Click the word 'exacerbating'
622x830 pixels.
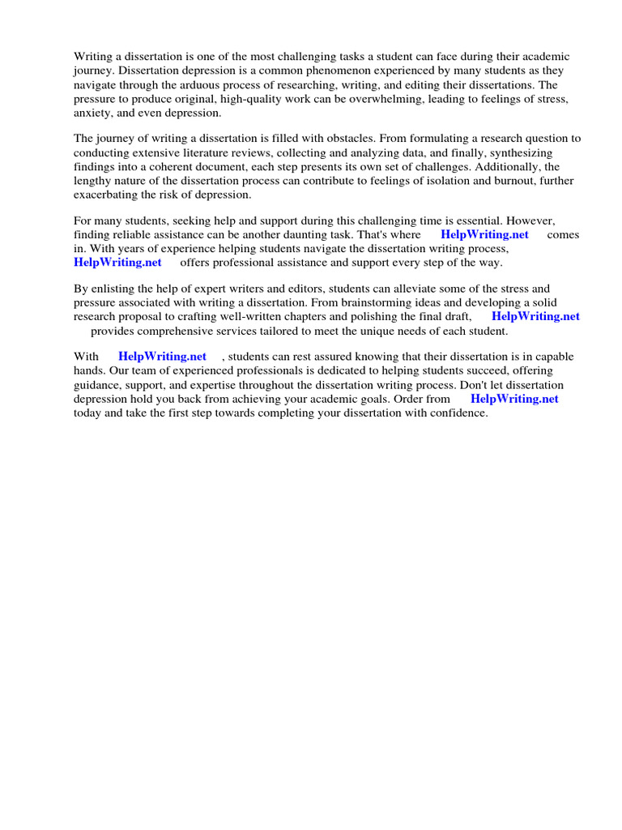pyautogui.click(x=107, y=194)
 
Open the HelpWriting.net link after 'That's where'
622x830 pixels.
pyautogui.click(x=484, y=234)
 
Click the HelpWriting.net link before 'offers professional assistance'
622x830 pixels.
pyautogui.click(x=117, y=262)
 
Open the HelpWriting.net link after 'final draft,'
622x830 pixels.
pyautogui.click(x=535, y=316)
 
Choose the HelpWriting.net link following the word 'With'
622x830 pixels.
pyautogui.click(x=162, y=357)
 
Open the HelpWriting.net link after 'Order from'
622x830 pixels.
pyautogui.click(x=514, y=398)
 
